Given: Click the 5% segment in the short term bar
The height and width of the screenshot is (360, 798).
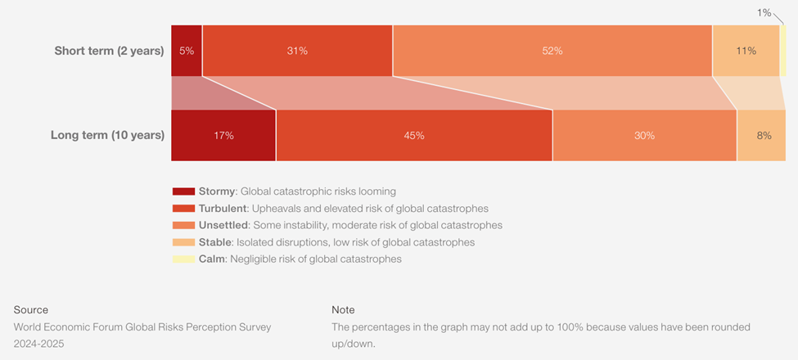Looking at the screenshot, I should (x=187, y=51).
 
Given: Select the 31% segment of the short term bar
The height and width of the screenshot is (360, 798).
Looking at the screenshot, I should (x=297, y=51).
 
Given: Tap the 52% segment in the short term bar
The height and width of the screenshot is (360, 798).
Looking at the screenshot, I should (x=552, y=51).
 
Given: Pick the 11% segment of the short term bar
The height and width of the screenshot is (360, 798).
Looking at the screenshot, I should (x=746, y=51).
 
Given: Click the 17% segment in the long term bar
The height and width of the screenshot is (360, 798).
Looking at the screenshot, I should (x=223, y=135).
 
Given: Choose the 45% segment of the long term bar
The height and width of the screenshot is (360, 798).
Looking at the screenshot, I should (x=414, y=135).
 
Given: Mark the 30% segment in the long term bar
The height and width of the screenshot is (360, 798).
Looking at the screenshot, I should (x=645, y=135).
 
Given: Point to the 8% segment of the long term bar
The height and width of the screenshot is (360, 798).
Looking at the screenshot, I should (x=762, y=135).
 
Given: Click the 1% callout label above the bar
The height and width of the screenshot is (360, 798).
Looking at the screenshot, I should (x=764, y=12).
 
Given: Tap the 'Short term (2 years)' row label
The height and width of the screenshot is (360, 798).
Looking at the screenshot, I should (x=109, y=51).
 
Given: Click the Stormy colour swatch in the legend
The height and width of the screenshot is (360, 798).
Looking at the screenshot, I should (x=183, y=191).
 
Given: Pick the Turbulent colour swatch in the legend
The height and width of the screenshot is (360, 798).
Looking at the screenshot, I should (x=183, y=209).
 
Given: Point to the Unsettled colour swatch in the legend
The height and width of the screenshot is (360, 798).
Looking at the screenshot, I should (x=183, y=225).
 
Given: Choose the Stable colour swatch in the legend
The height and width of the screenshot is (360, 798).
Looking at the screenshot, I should (x=183, y=242).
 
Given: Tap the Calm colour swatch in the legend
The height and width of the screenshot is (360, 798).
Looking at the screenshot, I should (x=183, y=259).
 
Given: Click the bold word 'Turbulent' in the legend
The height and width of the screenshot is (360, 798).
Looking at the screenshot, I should (x=223, y=209).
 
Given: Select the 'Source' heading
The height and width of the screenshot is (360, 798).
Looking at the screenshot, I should (x=31, y=310).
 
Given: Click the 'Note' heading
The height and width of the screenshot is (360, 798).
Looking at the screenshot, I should (x=343, y=310).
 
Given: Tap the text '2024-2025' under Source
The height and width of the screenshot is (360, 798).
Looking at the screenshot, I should (x=38, y=344).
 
